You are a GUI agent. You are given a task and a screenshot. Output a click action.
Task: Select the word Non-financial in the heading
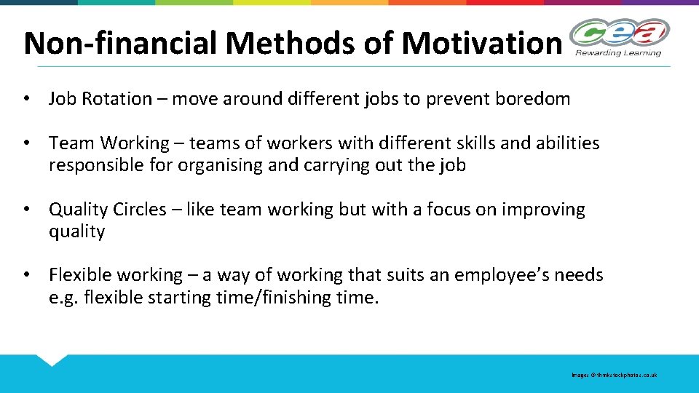[x=121, y=43]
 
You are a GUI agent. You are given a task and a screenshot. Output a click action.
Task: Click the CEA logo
[x=619, y=33]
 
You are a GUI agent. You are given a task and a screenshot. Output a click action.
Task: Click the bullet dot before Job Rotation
[x=27, y=99]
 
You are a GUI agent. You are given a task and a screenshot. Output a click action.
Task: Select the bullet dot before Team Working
[x=27, y=143]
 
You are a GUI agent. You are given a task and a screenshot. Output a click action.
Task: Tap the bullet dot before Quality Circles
[x=27, y=210]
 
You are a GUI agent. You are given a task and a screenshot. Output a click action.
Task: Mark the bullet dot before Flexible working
[x=27, y=275]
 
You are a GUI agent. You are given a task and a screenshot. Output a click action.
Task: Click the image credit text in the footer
[x=614, y=375]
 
